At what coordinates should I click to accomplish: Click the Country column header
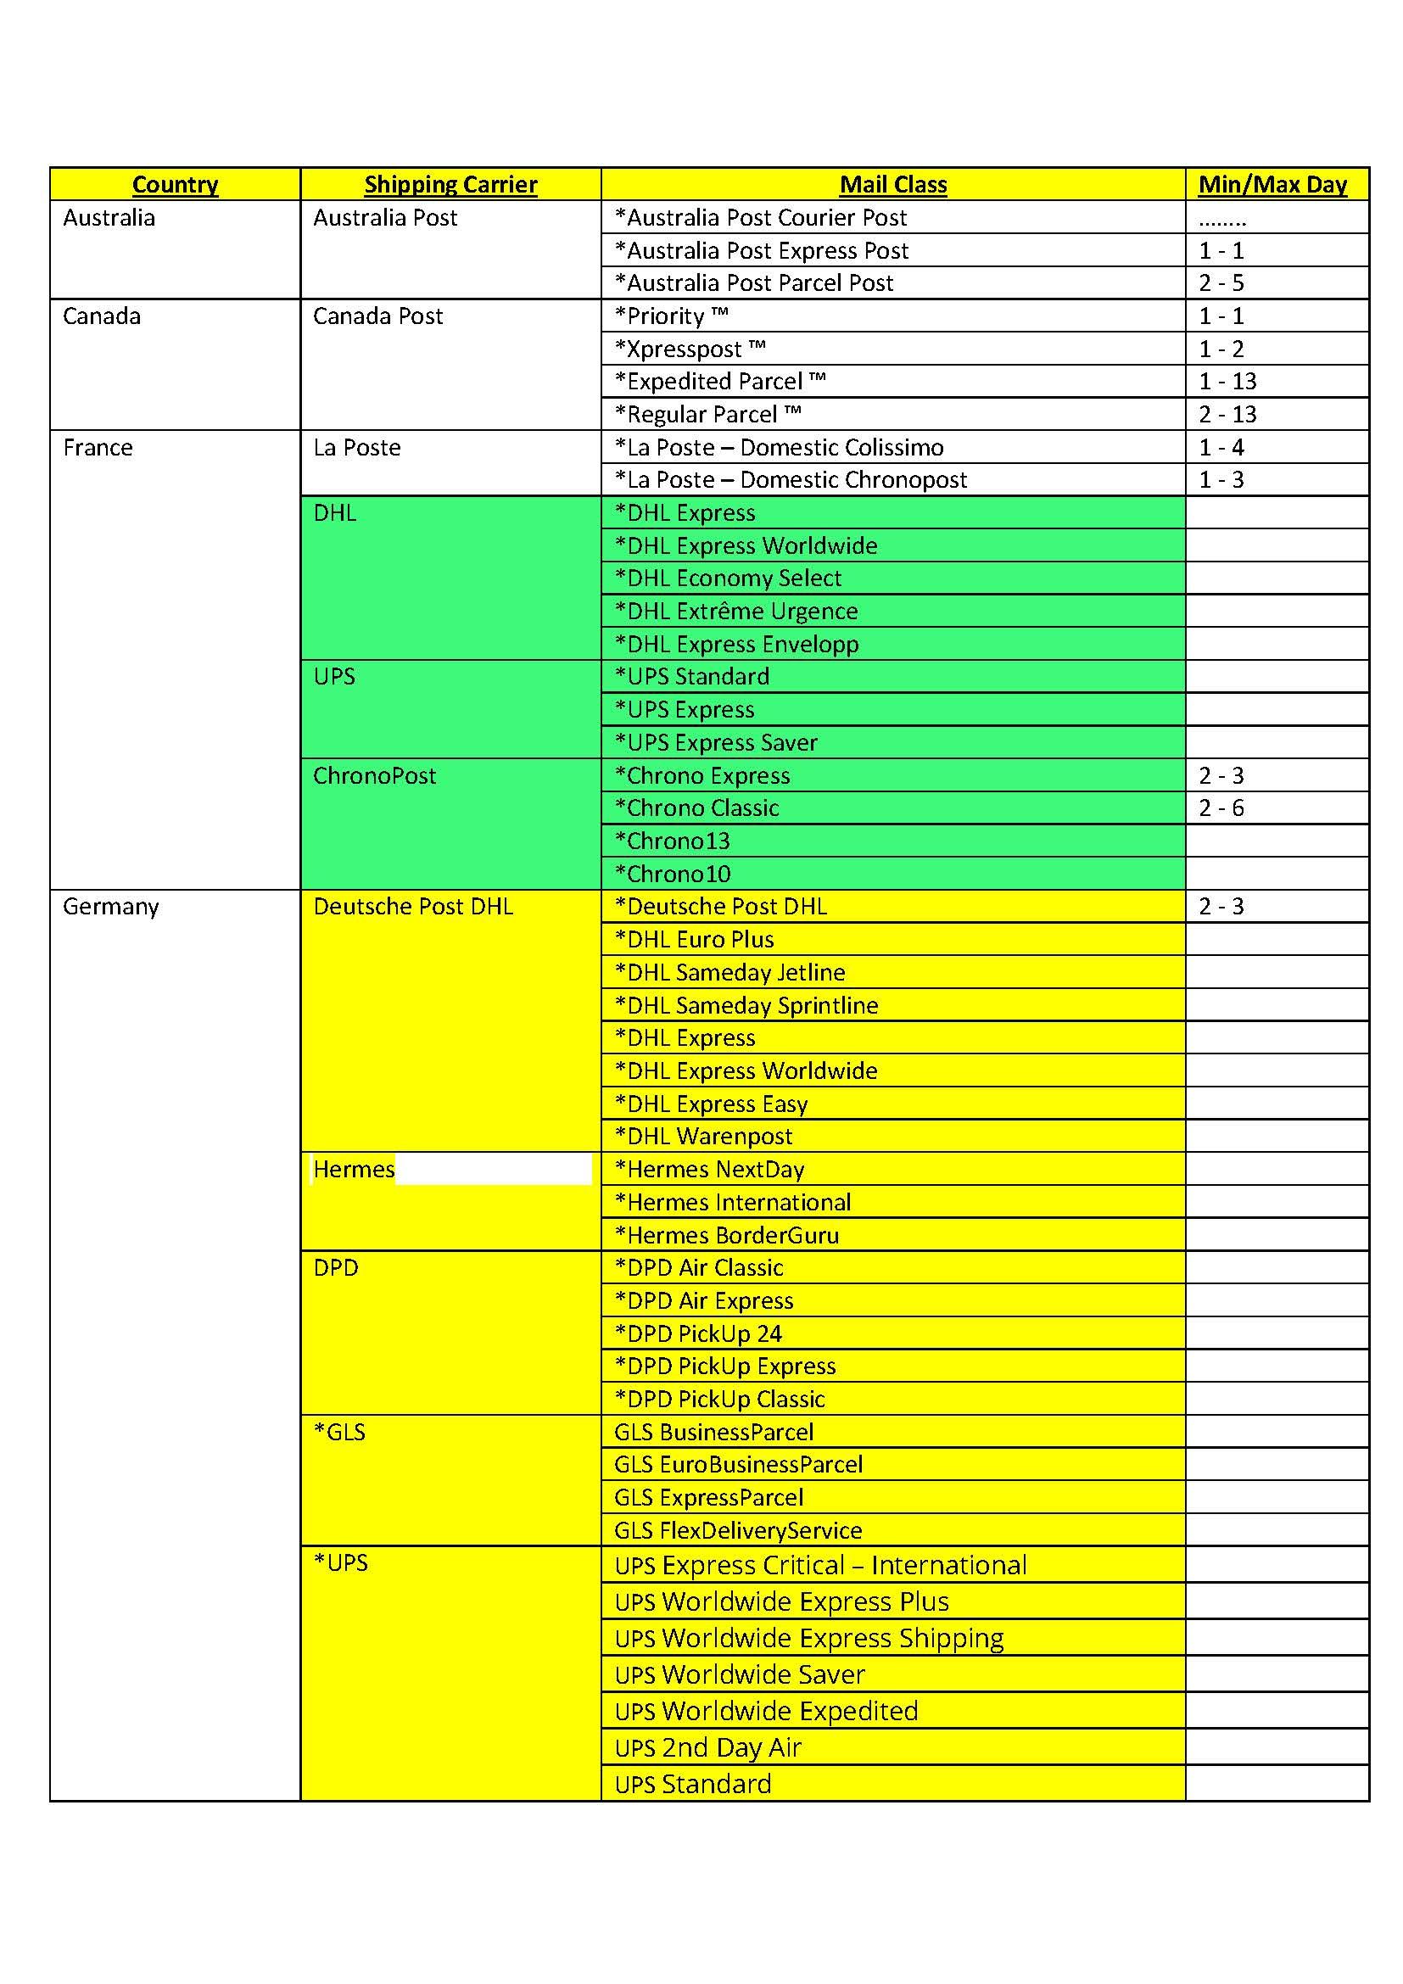[176, 184]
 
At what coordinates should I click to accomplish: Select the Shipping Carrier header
[450, 184]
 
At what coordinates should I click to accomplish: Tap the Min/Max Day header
[1272, 184]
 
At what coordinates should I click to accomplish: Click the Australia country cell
[109, 218]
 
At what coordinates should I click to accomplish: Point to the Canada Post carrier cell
[377, 316]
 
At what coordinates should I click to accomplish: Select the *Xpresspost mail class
[690, 349]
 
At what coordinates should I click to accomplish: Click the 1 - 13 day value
[1227, 381]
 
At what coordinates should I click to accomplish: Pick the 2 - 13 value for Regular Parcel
[1227, 415]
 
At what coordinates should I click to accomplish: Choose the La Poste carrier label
[357, 448]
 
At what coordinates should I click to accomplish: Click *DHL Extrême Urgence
[736, 611]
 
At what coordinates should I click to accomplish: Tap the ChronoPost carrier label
[374, 775]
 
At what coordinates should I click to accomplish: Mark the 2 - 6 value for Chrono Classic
[1221, 808]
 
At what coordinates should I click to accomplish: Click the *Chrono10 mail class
[672, 874]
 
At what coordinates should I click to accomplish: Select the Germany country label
[110, 907]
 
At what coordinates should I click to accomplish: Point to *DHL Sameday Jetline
[729, 972]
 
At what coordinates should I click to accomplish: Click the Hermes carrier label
[354, 1169]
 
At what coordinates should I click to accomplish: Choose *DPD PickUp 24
[697, 1333]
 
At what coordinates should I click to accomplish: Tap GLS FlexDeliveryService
[738, 1530]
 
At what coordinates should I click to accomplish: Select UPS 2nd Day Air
[707, 1747]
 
